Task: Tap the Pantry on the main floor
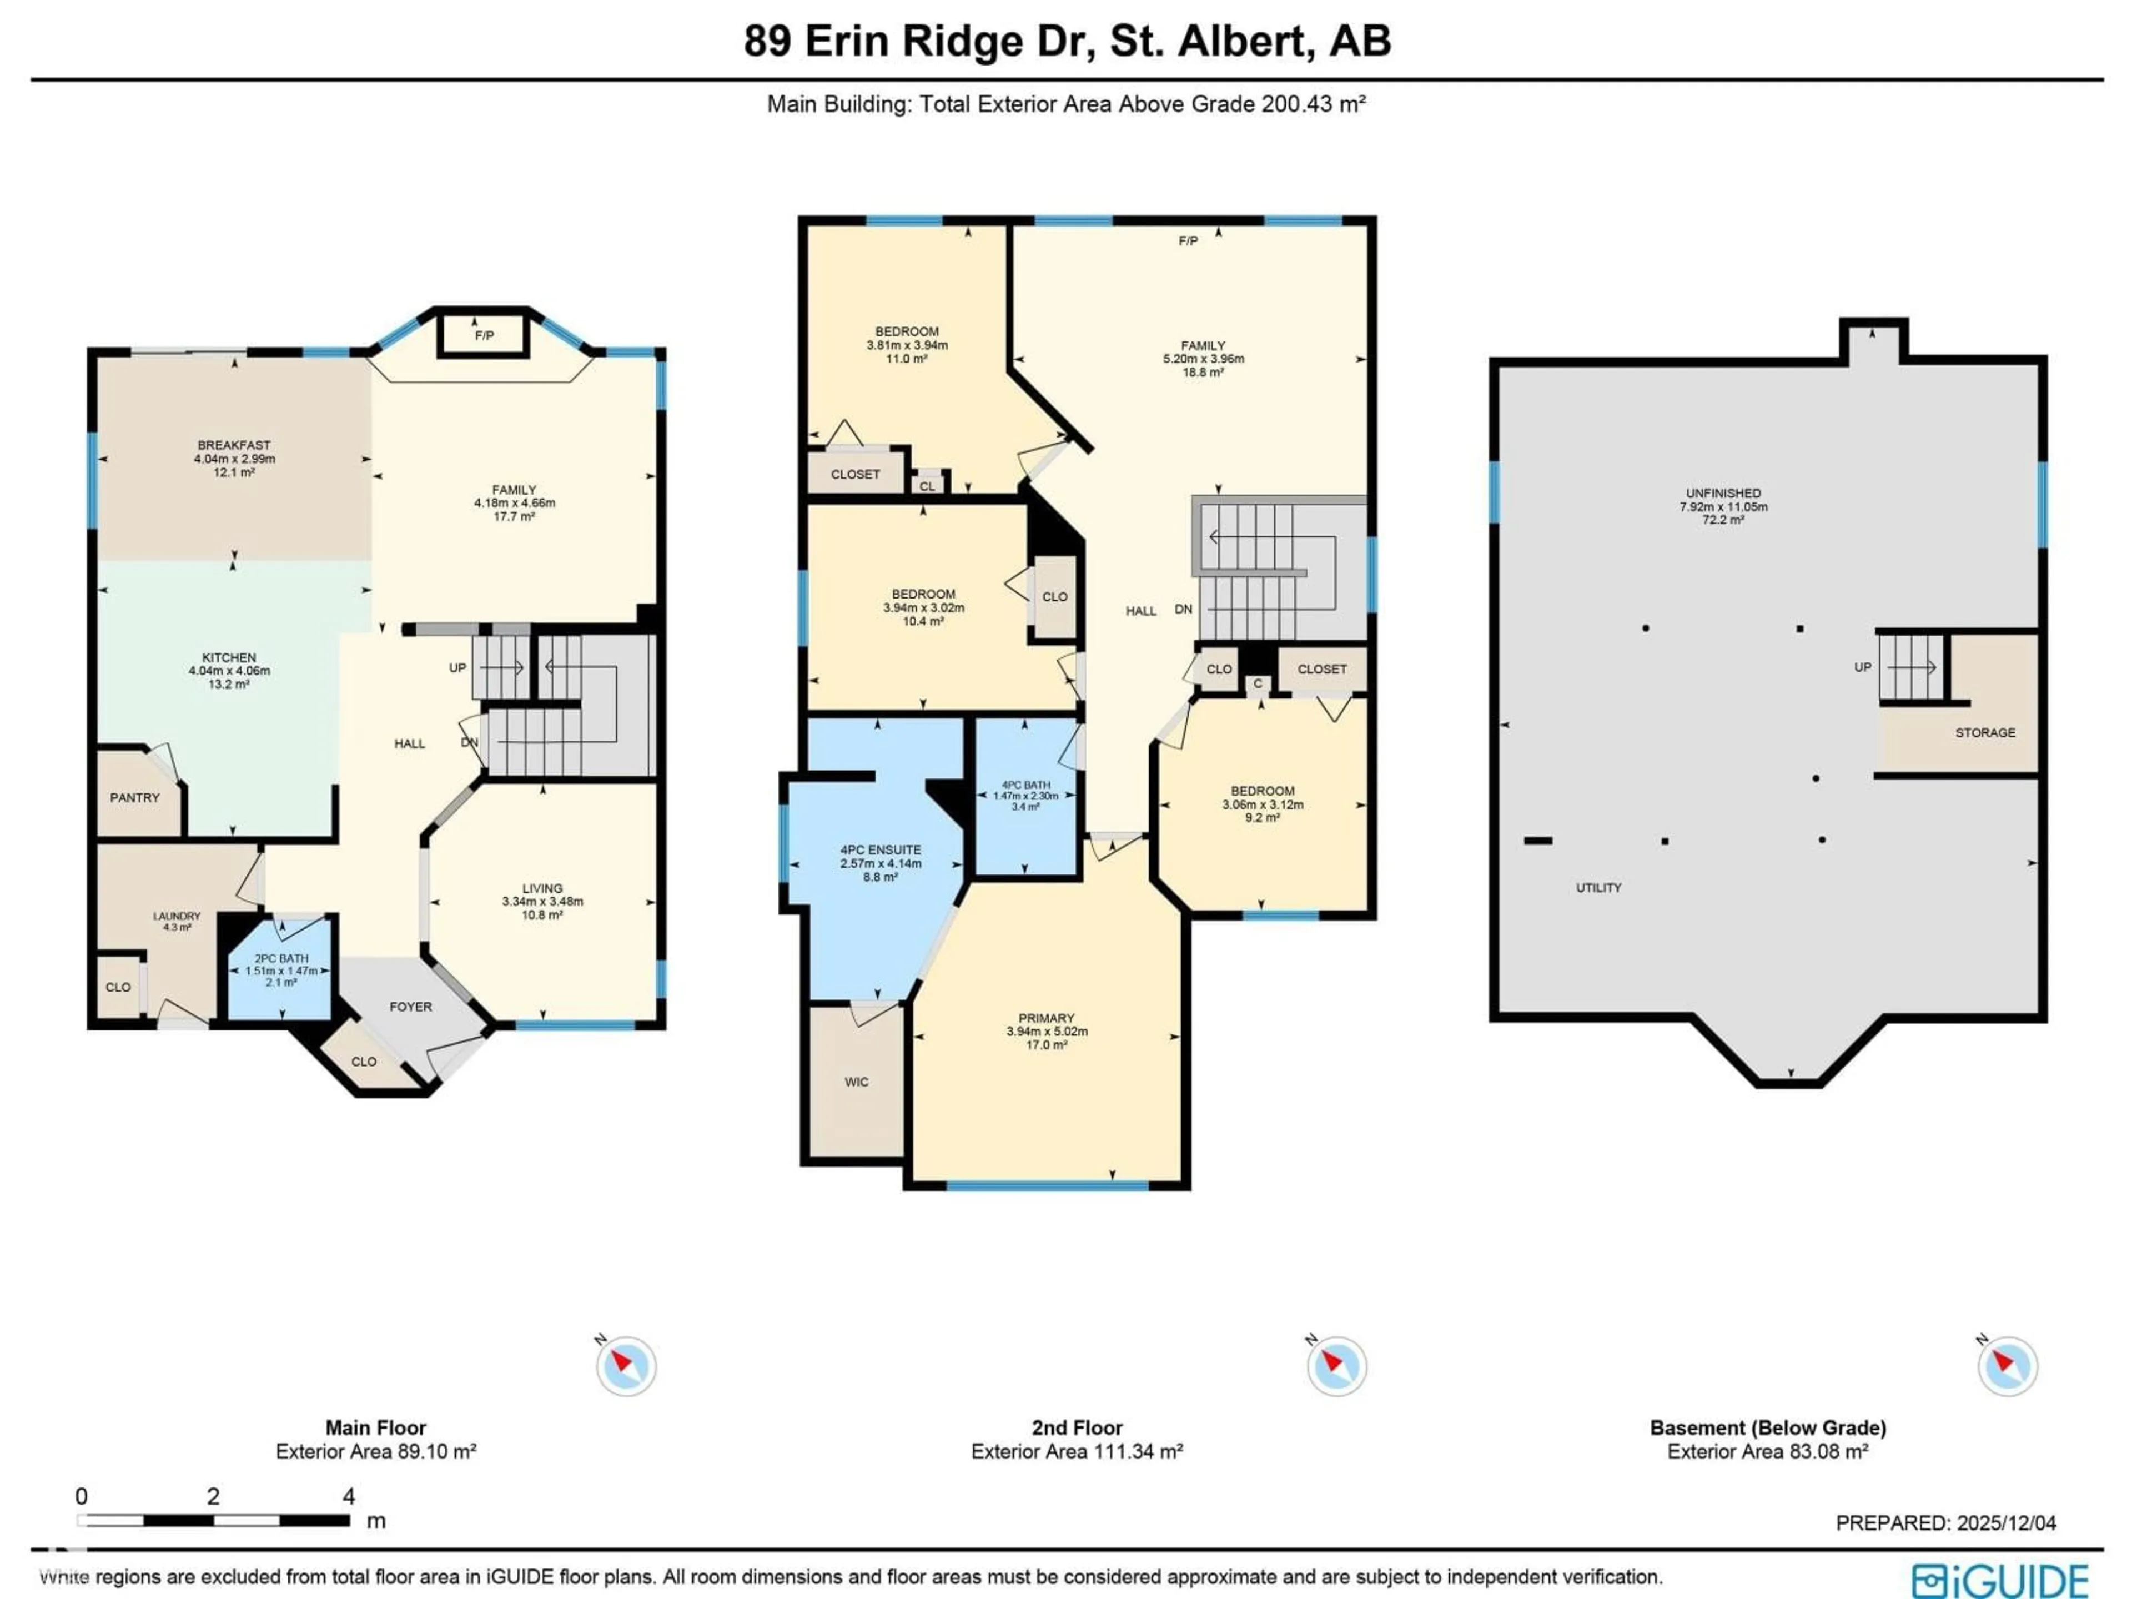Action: [135, 797]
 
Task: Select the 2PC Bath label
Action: [281, 959]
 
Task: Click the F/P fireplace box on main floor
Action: [484, 335]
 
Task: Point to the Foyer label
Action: [411, 1006]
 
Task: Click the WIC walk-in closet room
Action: [856, 1082]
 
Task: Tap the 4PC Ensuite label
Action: [880, 850]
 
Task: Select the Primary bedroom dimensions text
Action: [1046, 1032]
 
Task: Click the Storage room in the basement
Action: [1984, 732]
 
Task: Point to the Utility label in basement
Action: [1598, 888]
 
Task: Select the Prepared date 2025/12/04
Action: [1946, 1523]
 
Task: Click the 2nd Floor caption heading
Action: [1077, 1427]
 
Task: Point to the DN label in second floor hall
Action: [1184, 609]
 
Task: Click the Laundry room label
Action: [177, 917]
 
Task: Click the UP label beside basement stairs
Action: [1862, 667]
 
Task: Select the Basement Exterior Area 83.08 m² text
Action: [1768, 1451]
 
